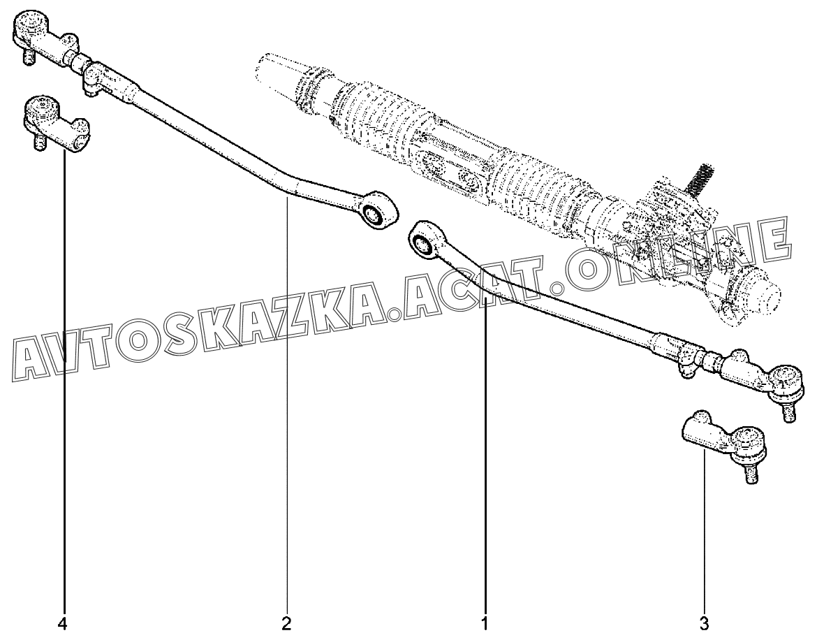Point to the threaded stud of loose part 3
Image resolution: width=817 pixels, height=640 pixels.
click(751, 473)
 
